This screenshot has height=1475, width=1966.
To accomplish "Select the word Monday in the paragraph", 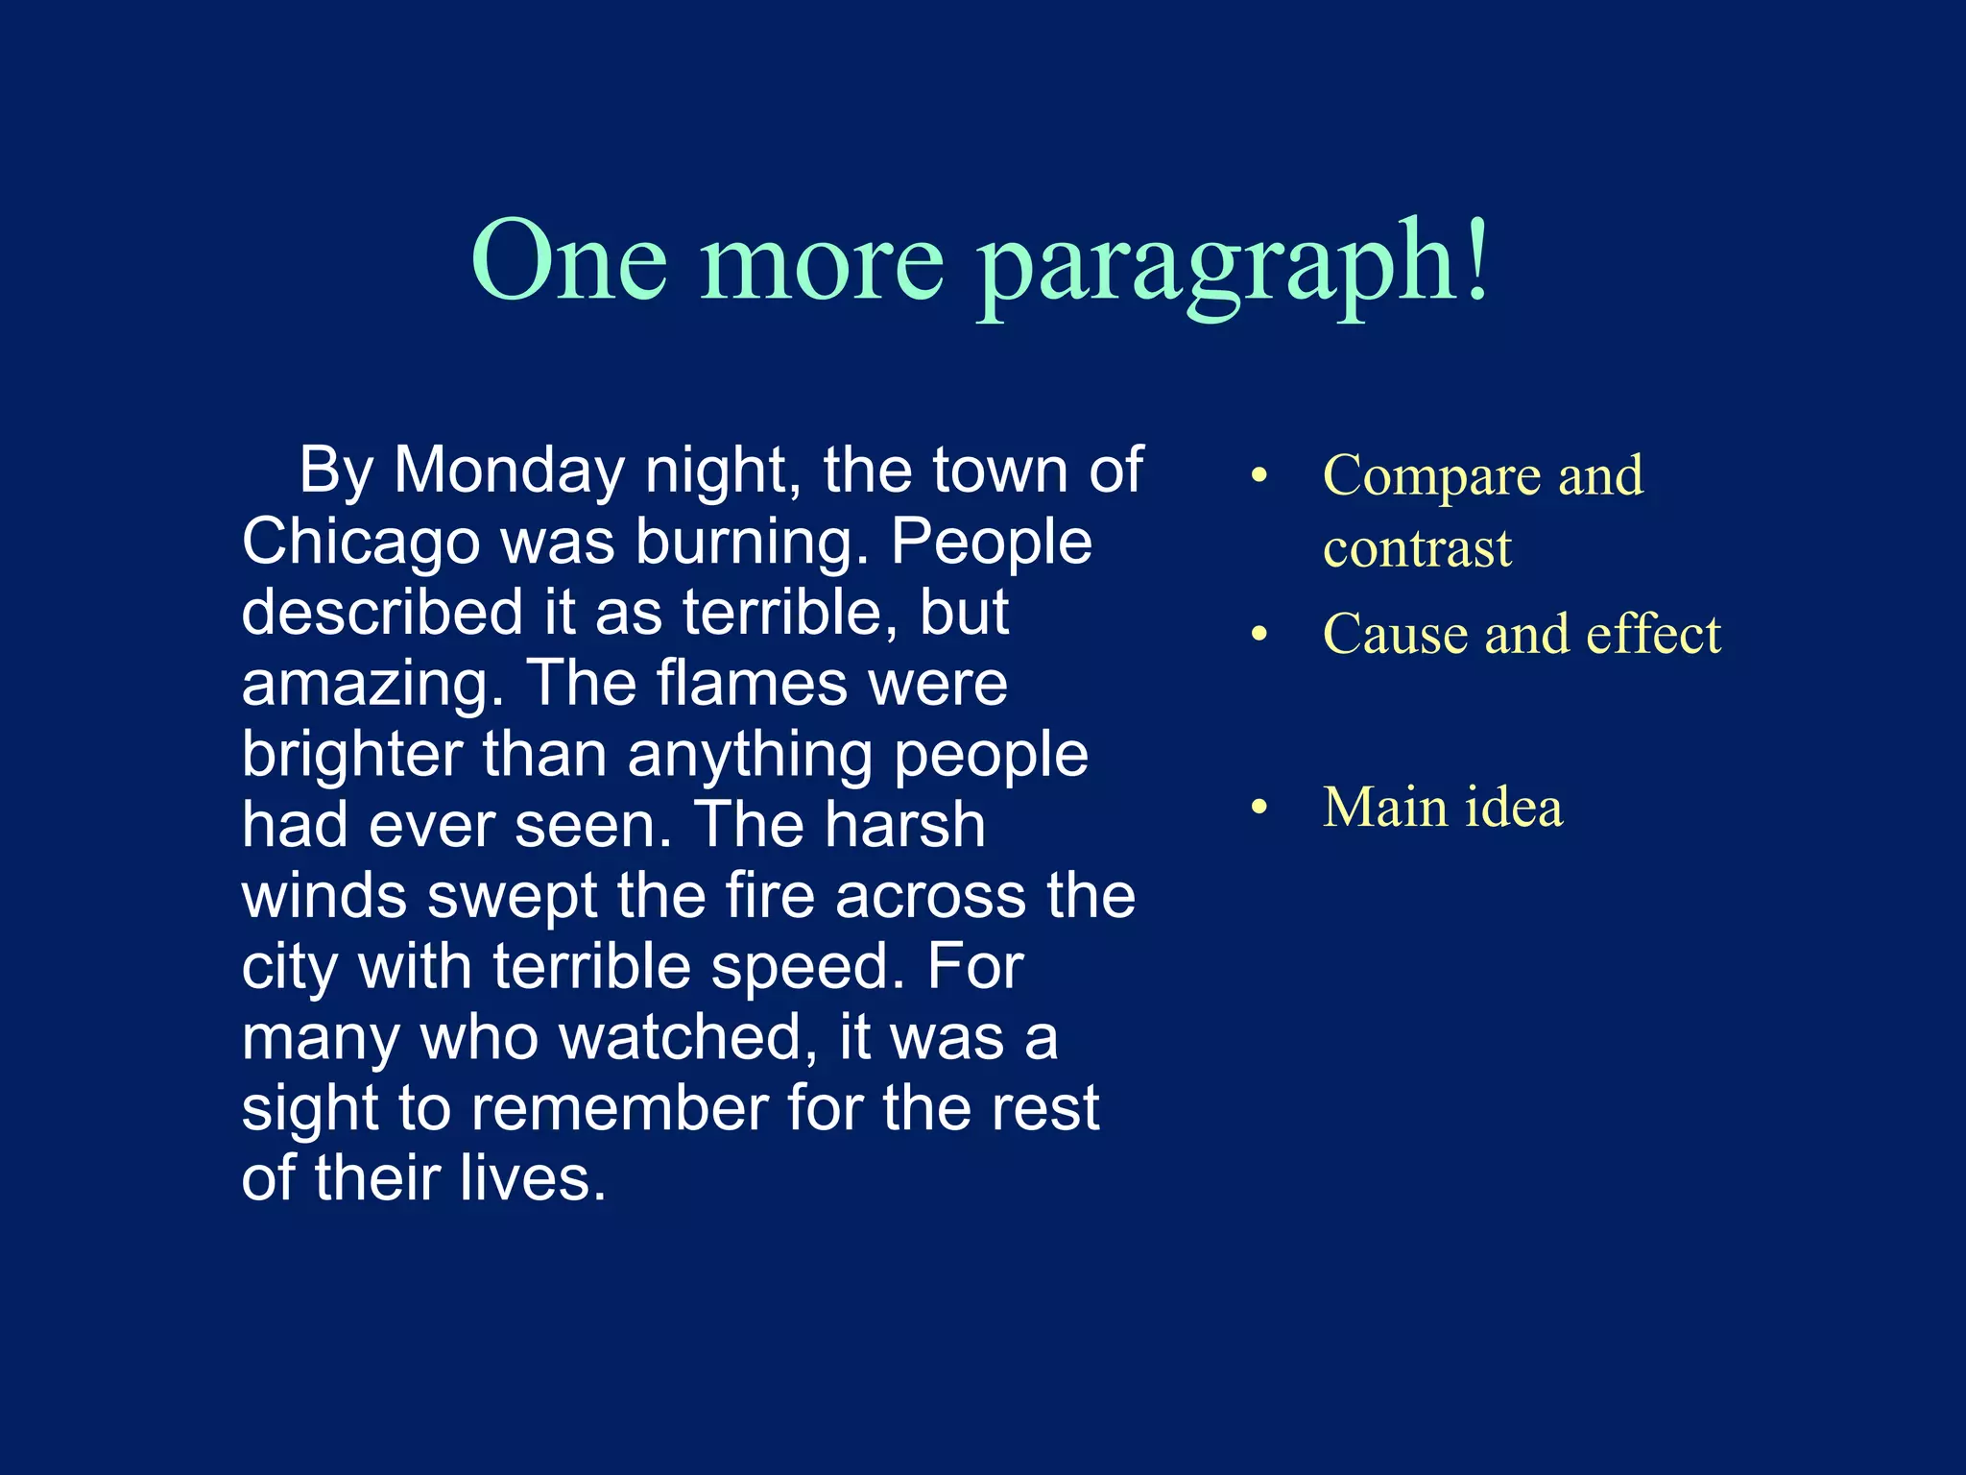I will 509,471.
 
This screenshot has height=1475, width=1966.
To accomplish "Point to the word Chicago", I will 361,543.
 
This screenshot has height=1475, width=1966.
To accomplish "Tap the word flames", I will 752,683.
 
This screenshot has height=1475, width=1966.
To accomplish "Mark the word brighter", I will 352,755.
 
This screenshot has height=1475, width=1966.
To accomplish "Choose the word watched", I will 685,1038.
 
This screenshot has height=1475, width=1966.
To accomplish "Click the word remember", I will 620,1108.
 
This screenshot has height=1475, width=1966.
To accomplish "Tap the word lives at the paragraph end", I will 532,1178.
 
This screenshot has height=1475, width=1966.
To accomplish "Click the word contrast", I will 1417,548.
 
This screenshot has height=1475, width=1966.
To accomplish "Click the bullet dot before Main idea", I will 1259,808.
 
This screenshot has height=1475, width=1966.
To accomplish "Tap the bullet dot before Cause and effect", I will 1259,634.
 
